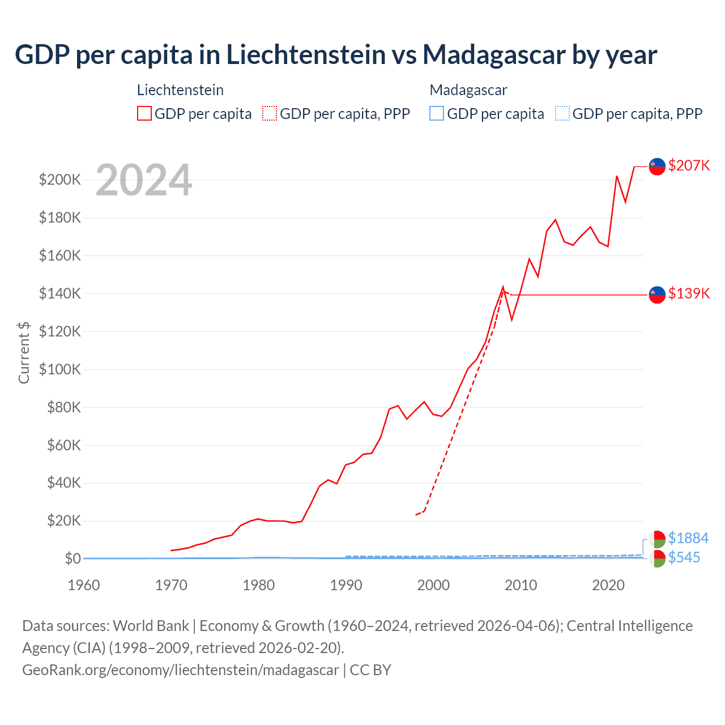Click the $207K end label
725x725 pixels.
[689, 165]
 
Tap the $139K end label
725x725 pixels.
[689, 293]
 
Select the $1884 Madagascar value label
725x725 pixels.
[688, 538]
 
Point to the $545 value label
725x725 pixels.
[684, 557]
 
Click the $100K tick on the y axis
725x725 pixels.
[60, 369]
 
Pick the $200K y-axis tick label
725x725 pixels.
[60, 180]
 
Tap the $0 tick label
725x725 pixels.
[72, 558]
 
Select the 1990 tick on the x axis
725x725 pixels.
[346, 585]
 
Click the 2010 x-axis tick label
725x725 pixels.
[521, 585]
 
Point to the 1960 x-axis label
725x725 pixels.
[84, 585]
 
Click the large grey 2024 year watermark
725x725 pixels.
[144, 181]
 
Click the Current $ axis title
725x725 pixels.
[24, 352]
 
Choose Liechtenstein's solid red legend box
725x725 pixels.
[144, 113]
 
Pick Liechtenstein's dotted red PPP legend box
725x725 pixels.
[270, 113]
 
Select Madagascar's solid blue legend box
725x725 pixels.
[437, 113]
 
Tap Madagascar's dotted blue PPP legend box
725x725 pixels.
[562, 113]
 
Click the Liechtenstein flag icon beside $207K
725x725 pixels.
[657, 167]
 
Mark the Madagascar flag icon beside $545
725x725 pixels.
[657, 558]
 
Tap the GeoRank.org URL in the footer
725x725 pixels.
[181, 670]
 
